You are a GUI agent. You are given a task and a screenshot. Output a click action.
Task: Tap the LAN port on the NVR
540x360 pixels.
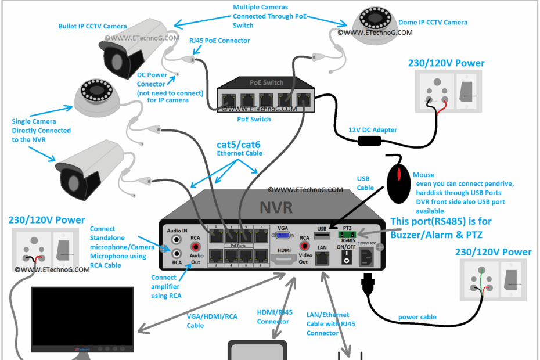[x=322, y=260]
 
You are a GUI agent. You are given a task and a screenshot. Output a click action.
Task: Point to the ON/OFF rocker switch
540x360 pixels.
[x=347, y=259]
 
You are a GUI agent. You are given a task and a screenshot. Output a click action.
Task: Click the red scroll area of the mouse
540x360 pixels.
[x=398, y=172]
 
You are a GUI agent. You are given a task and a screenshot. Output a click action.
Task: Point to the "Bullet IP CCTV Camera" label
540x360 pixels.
[x=92, y=26]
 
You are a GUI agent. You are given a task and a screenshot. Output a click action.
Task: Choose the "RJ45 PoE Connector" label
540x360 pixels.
[x=219, y=41]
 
